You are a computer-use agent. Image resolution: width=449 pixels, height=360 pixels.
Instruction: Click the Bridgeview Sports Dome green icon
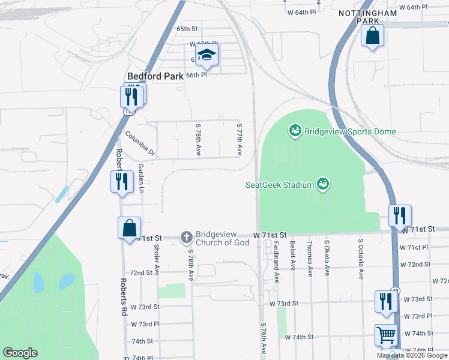click(295, 130)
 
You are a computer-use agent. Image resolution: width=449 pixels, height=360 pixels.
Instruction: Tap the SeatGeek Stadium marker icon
click(322, 184)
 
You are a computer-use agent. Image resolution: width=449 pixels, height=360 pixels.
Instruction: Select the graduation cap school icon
click(206, 55)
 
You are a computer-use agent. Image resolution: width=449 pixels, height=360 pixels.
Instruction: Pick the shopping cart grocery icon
click(386, 334)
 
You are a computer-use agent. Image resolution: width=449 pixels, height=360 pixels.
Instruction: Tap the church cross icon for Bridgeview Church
click(186, 238)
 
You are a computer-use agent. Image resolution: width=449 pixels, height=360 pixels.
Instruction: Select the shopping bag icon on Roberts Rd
click(129, 229)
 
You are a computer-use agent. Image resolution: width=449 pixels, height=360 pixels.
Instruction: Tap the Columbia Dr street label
click(140, 144)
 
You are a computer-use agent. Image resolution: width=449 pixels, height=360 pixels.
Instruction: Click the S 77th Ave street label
click(239, 140)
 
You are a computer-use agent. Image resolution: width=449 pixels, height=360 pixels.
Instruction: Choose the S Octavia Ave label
click(361, 259)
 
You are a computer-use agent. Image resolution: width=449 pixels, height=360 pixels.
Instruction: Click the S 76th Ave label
click(263, 340)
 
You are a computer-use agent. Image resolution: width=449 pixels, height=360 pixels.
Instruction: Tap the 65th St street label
click(187, 29)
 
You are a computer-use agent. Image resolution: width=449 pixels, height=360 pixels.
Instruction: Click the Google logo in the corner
click(20, 353)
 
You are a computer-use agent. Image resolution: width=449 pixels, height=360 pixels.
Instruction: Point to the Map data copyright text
click(412, 355)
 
